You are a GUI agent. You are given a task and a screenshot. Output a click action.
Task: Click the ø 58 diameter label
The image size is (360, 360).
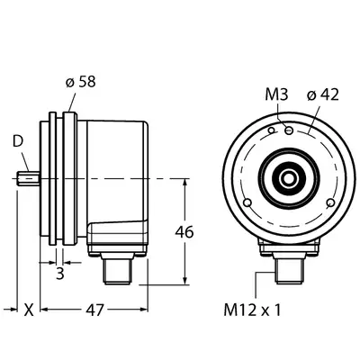click(80, 82)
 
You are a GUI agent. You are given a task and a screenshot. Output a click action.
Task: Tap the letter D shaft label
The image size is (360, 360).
click(18, 141)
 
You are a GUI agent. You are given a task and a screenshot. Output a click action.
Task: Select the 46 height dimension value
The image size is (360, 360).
click(184, 232)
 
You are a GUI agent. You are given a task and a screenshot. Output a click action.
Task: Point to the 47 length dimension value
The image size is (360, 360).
click(94, 310)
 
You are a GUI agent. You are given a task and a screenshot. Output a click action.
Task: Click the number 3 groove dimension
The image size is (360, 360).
click(60, 274)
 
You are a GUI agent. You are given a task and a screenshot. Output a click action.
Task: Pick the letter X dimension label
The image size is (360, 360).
click(29, 310)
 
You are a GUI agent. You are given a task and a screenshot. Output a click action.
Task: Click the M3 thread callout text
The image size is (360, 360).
click(276, 94)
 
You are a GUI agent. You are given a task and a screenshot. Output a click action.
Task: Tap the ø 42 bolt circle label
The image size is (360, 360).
click(323, 94)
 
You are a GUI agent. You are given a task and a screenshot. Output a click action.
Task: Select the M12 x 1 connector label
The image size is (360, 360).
click(252, 310)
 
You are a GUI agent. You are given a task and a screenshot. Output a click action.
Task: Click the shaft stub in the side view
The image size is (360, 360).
click(28, 179)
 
